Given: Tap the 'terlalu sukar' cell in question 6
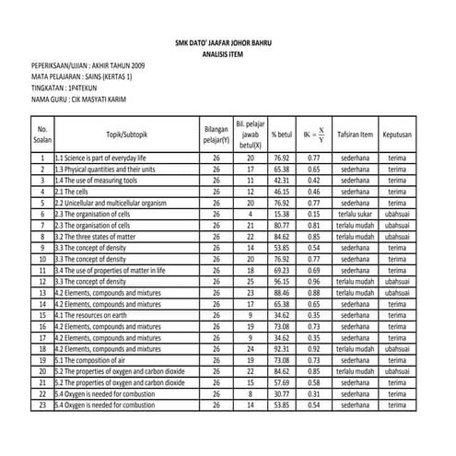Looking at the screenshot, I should pyautogui.click(x=355, y=215).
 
